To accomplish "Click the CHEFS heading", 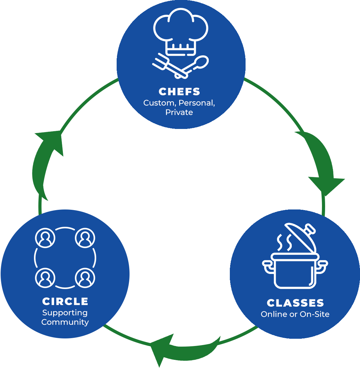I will (x=179, y=92).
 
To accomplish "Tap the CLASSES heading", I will (x=295, y=303).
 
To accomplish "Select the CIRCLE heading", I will (x=65, y=301).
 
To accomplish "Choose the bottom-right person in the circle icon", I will (x=85, y=278).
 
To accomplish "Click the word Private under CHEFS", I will (x=179, y=112).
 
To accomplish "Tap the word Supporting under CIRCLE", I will (x=65, y=313).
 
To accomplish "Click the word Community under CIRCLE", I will (x=65, y=322).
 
